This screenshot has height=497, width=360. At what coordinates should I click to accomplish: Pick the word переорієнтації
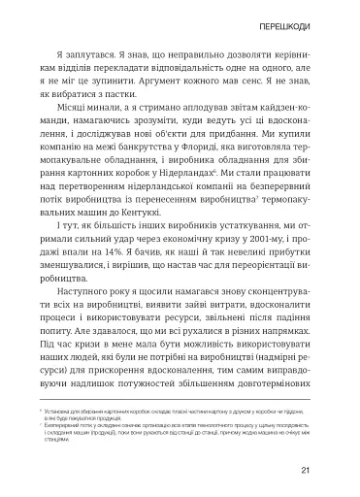pos(279,295)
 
